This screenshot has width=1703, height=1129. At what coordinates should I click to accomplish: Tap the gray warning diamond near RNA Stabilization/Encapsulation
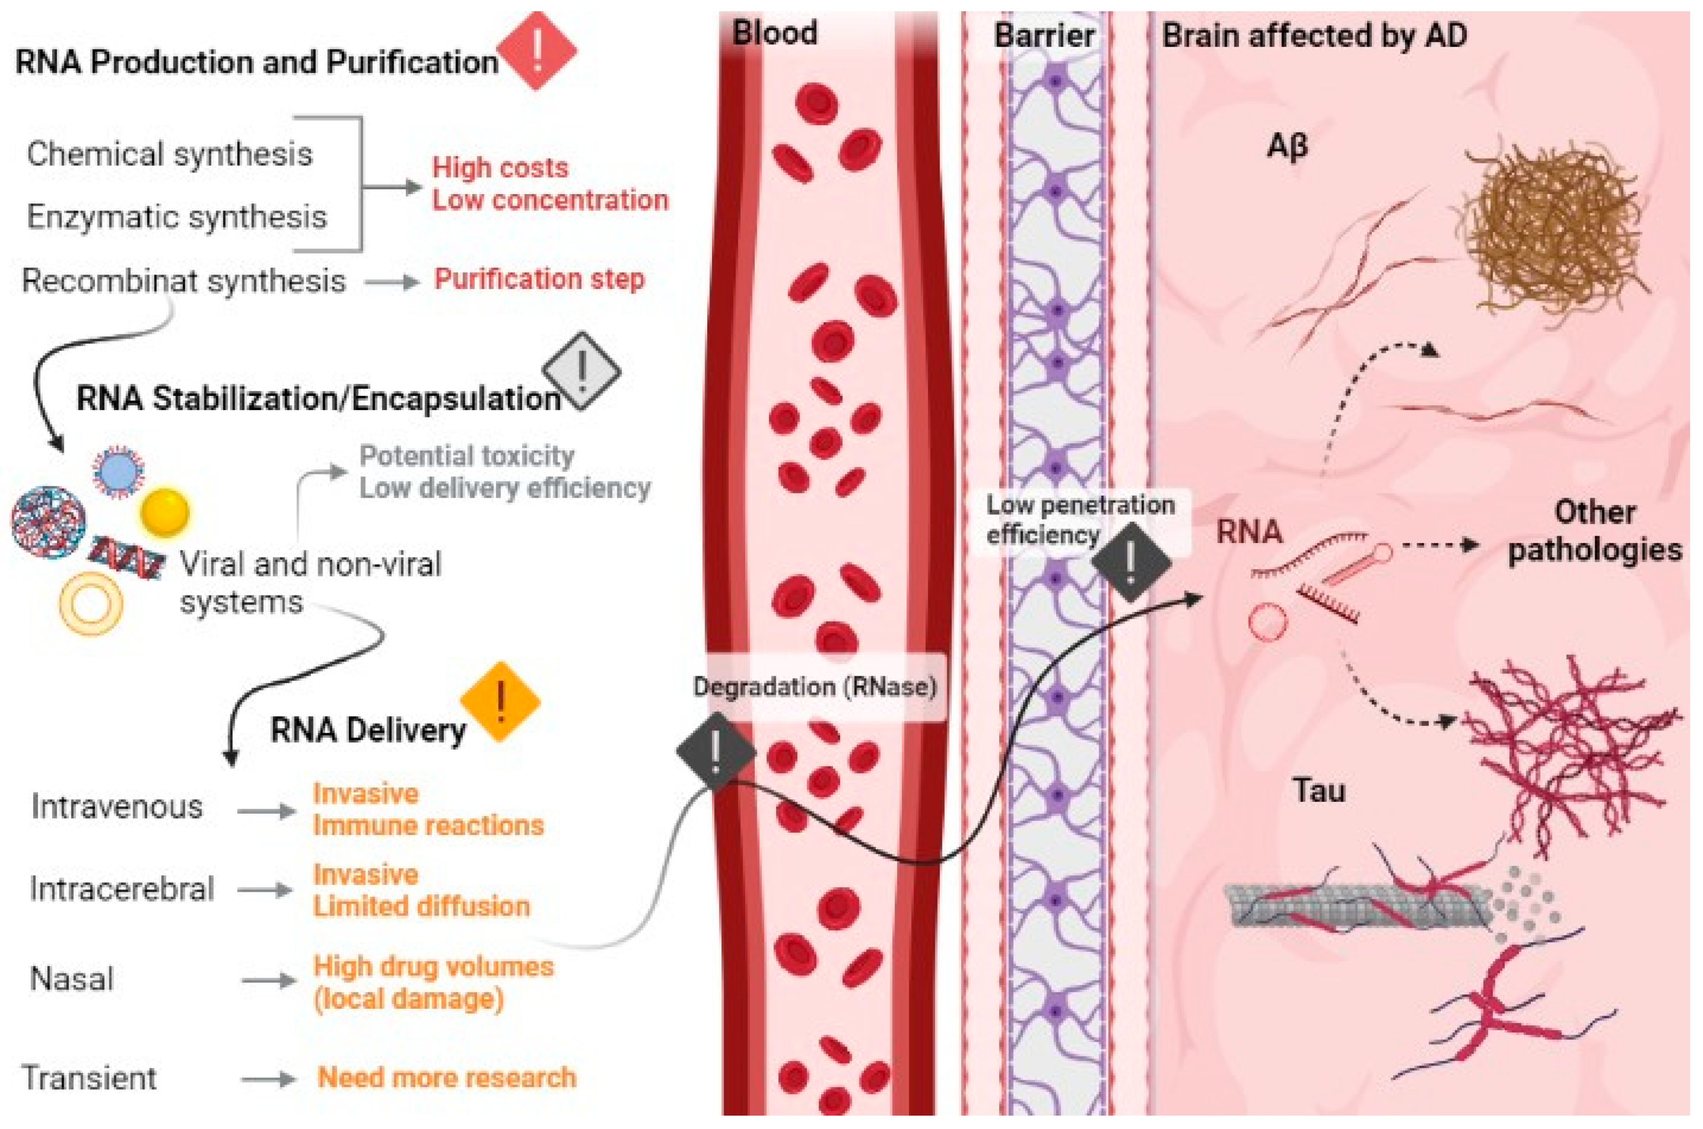pos(582,371)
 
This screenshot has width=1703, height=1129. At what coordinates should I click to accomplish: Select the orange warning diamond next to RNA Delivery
pos(500,701)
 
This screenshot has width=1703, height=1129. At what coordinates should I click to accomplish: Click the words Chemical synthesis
pos(170,154)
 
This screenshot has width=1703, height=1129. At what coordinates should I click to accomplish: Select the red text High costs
pos(500,168)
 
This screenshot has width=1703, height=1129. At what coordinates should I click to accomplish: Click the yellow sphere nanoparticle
pos(165,512)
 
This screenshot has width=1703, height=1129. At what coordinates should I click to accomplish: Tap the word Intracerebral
pos(122,889)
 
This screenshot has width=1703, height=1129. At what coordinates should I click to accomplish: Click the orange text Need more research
pos(447,1077)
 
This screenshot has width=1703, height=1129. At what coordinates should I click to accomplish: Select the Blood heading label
pos(774,33)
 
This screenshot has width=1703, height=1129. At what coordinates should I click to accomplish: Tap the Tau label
pos(1319,791)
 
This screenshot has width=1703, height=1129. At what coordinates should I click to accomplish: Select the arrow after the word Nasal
pos(268,980)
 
